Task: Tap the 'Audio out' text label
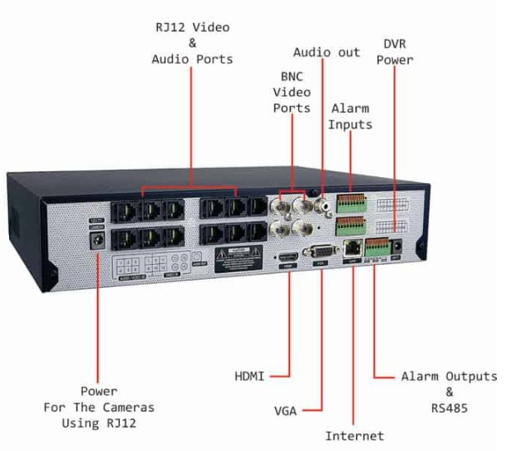327,52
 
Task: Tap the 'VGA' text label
285,407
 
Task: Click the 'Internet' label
354,435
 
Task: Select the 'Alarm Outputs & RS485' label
448,390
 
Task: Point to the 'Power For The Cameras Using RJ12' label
99,407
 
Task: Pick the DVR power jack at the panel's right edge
398,246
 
